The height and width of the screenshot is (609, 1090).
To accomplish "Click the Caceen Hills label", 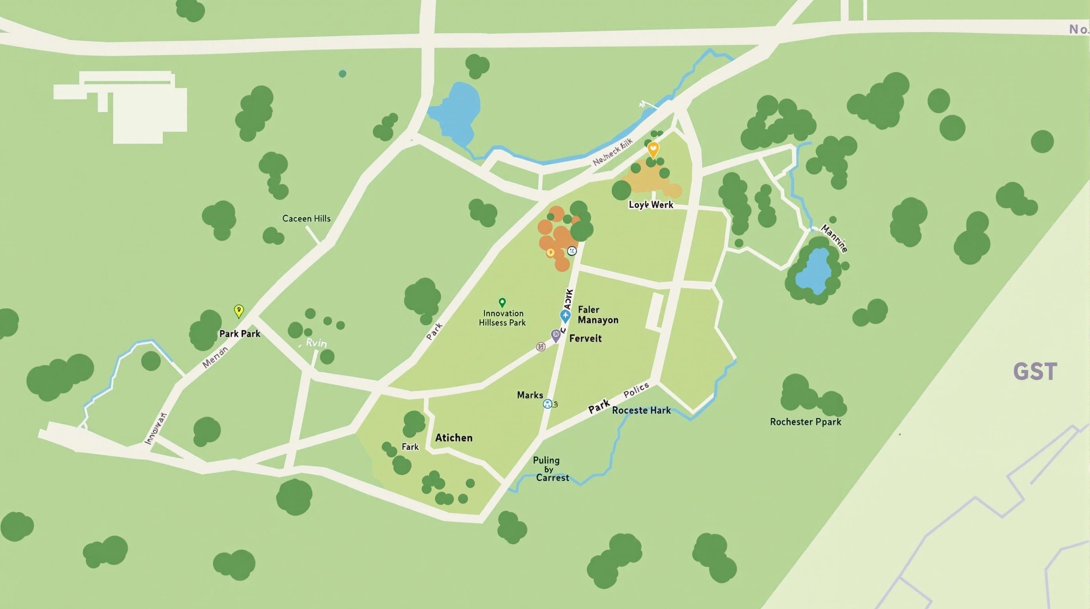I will tap(306, 218).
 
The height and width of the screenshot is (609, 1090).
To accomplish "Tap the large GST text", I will tap(1035, 372).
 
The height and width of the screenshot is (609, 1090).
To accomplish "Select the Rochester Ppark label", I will tap(805, 422).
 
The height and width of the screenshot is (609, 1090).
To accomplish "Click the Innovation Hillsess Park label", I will tap(502, 318).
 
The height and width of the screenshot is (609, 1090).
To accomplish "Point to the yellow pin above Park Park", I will tap(239, 310).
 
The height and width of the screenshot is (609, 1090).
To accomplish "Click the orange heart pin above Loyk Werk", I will tap(653, 149).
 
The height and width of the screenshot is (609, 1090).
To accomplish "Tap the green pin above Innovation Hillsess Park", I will tap(502, 302).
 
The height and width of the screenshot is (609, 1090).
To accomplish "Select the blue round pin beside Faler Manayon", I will tap(565, 316).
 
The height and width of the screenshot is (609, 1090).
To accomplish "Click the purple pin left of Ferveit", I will tap(555, 335).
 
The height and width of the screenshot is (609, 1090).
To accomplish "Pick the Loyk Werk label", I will tap(650, 205).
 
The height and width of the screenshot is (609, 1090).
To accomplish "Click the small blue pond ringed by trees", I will tap(813, 271).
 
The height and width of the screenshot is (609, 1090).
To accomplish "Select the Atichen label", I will tap(454, 437).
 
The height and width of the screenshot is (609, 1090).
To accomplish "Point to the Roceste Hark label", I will tap(641, 410).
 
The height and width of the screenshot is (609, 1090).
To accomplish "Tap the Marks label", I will tap(530, 395).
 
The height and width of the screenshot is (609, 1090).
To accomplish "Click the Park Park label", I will tap(240, 334).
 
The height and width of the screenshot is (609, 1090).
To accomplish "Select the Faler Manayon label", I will tap(597, 315).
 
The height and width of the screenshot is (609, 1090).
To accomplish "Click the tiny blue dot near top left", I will tap(342, 74).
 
